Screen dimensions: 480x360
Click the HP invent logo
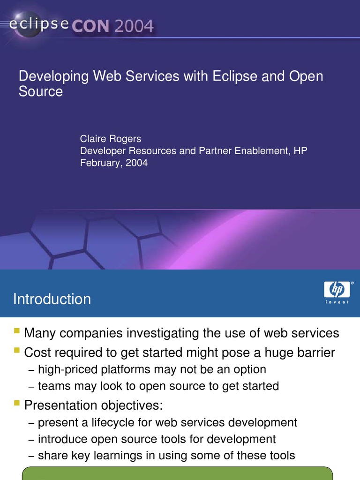pyautogui.click(x=337, y=292)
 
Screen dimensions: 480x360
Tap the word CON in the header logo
pyautogui.click(x=90, y=26)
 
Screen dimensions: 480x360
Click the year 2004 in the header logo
pyautogui.click(x=134, y=26)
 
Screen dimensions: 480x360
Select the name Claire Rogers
pyautogui.click(x=111, y=139)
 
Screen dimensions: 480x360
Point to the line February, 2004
pyautogui.click(x=114, y=163)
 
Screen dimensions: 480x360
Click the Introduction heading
pyautogui.click(x=52, y=299)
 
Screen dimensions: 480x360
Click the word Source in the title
pyautogui.click(x=41, y=91)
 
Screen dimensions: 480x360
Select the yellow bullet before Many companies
pyautogui.click(x=17, y=331)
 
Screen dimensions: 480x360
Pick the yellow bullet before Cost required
pyautogui.click(x=17, y=351)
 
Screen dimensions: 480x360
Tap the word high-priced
pyautogui.click(x=66, y=369)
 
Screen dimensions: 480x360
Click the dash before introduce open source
pyautogui.click(x=31, y=440)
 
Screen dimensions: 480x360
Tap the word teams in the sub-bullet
pyautogui.click(x=53, y=386)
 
